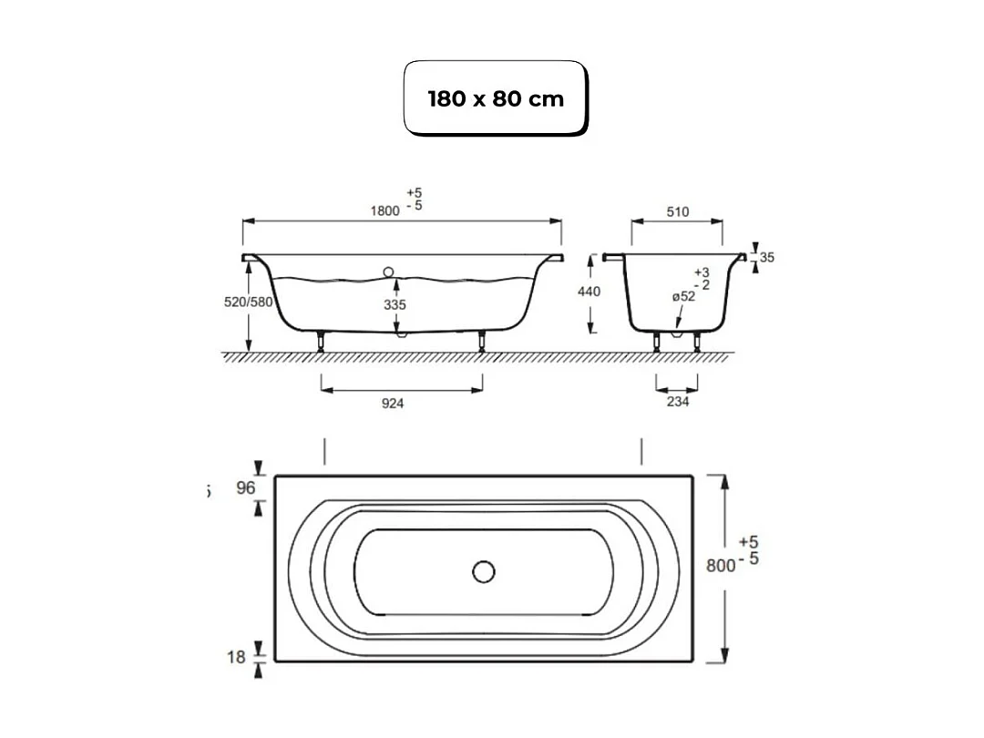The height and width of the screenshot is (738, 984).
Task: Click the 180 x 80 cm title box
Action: click(x=496, y=98)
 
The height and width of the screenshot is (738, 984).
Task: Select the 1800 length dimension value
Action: click(x=384, y=210)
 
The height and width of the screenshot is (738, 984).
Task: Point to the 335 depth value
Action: click(x=394, y=305)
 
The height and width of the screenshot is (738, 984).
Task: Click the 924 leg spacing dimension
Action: click(x=393, y=404)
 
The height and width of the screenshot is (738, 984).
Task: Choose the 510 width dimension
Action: click(x=677, y=211)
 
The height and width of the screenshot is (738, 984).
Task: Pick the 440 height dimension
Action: click(x=589, y=292)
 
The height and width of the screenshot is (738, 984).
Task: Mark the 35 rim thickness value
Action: click(x=766, y=258)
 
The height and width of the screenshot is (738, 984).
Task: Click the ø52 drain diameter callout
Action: click(x=684, y=296)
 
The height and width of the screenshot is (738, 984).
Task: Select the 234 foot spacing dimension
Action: click(x=677, y=402)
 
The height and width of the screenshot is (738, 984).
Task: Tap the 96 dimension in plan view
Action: click(x=246, y=487)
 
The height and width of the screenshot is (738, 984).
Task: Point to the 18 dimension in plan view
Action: click(x=236, y=656)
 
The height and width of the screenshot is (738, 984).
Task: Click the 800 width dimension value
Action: click(x=721, y=565)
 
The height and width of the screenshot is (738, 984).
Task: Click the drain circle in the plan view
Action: click(x=483, y=571)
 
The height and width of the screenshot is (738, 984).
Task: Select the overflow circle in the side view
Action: click(x=389, y=272)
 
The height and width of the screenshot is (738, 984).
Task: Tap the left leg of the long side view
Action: click(x=321, y=342)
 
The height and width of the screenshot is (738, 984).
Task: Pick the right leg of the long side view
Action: click(x=481, y=342)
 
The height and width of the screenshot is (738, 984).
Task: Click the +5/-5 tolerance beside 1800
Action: click(x=415, y=200)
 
